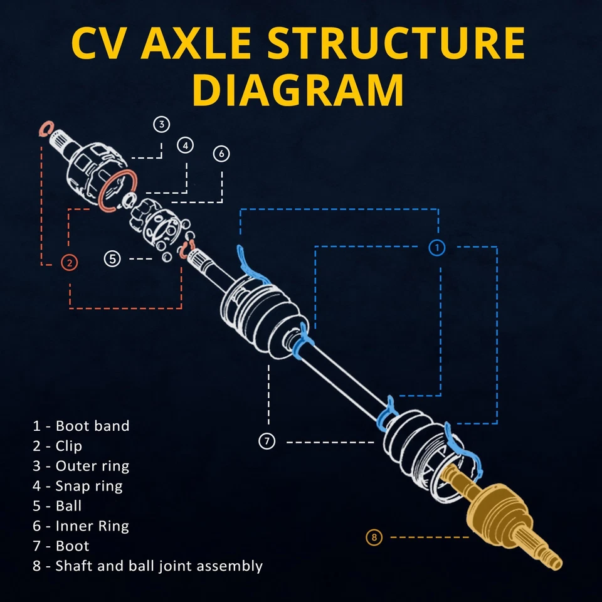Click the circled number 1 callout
(x=437, y=248)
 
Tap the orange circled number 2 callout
(x=70, y=263)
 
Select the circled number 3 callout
(x=162, y=124)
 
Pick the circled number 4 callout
(x=185, y=145)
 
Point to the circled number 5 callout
(x=112, y=258)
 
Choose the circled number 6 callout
(x=221, y=154)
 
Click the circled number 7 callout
(x=267, y=441)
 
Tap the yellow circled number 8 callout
(x=374, y=537)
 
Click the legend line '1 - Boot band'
(x=81, y=426)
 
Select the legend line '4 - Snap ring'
(x=77, y=486)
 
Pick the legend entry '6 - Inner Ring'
(x=81, y=526)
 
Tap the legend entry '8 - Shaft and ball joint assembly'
(x=147, y=566)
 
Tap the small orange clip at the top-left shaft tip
(x=44, y=130)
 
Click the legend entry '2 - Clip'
(x=58, y=446)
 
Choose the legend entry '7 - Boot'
(x=61, y=546)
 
